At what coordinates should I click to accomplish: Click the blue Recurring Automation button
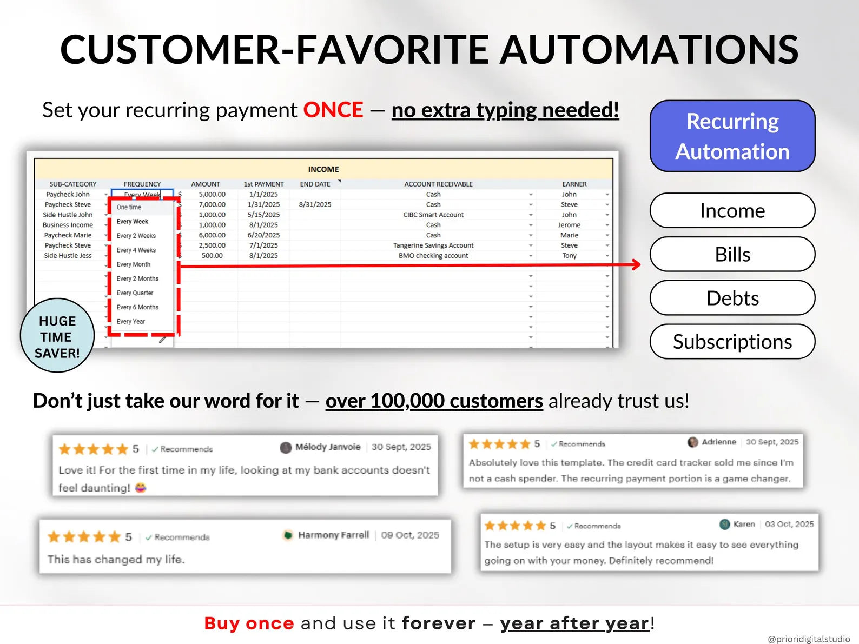click(x=732, y=136)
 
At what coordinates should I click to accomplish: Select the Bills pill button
click(x=732, y=254)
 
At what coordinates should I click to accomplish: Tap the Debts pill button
click(x=732, y=298)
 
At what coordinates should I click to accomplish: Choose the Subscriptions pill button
click(x=732, y=341)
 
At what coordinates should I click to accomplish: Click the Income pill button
click(x=732, y=210)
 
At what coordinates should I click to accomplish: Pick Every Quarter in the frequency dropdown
click(x=135, y=293)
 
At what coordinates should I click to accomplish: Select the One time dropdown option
click(x=129, y=207)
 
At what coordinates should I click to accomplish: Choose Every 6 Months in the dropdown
click(x=137, y=307)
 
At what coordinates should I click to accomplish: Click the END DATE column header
click(x=315, y=184)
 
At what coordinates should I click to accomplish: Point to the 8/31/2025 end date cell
click(x=315, y=204)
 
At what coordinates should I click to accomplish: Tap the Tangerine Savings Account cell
click(x=433, y=245)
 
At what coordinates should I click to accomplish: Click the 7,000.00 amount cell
click(x=212, y=204)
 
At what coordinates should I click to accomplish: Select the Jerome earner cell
click(x=569, y=225)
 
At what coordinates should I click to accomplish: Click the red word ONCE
click(x=333, y=110)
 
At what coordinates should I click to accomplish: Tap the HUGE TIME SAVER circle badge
click(x=57, y=335)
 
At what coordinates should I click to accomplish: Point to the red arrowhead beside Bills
click(x=636, y=265)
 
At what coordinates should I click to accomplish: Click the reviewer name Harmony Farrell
click(x=333, y=535)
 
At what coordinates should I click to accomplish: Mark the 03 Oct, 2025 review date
click(x=789, y=524)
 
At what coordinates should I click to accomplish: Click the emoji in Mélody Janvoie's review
click(x=141, y=488)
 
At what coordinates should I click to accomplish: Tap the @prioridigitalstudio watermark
click(x=809, y=639)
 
